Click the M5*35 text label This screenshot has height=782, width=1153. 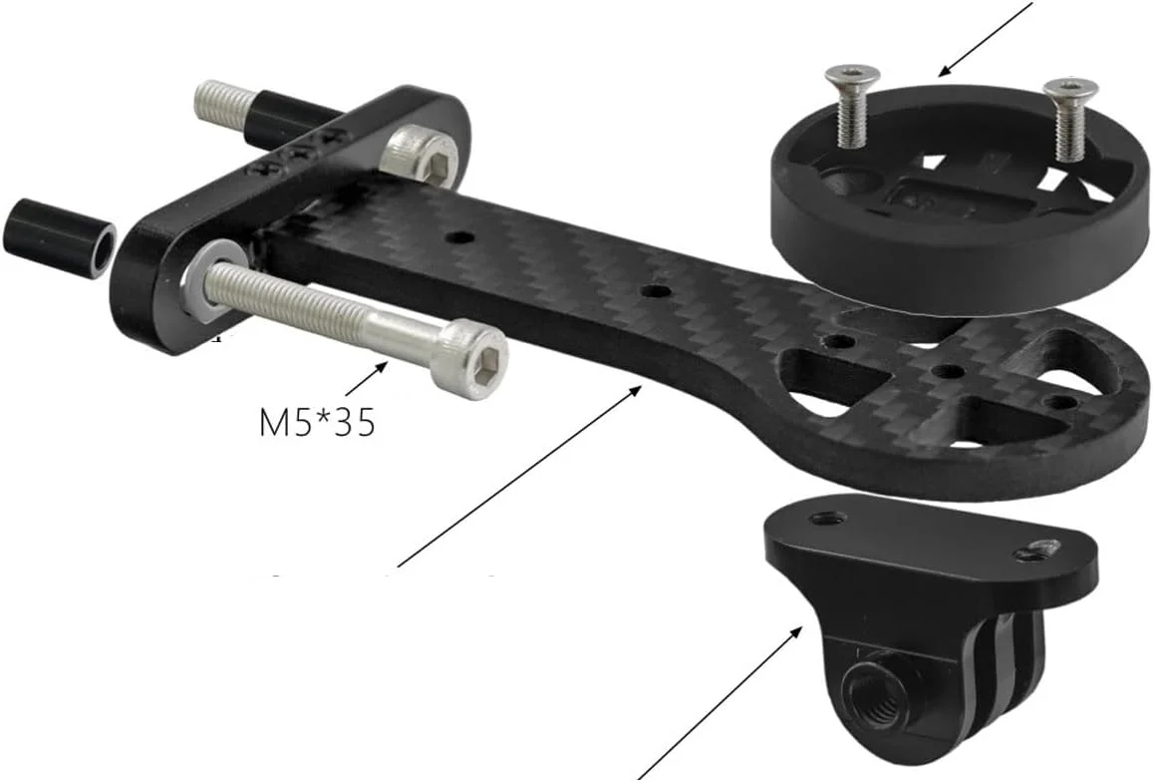click(318, 423)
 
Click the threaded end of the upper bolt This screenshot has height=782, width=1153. click(225, 104)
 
